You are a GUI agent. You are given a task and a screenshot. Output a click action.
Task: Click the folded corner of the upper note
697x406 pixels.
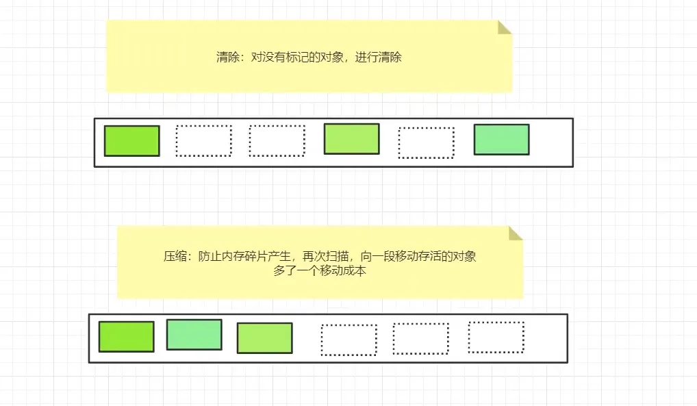pyautogui.click(x=505, y=27)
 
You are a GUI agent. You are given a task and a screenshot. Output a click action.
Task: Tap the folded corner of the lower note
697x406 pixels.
pyautogui.click(x=516, y=233)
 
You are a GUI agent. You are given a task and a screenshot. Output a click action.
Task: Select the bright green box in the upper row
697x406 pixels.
pyautogui.click(x=131, y=141)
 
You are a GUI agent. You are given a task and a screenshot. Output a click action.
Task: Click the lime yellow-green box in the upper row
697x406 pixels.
pyautogui.click(x=351, y=139)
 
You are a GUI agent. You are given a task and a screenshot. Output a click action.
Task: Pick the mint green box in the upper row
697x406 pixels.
pyautogui.click(x=501, y=140)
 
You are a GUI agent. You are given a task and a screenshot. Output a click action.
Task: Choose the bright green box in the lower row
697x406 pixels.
pyautogui.click(x=126, y=337)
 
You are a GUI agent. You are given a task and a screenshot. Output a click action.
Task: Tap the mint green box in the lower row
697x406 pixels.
pyautogui.click(x=194, y=335)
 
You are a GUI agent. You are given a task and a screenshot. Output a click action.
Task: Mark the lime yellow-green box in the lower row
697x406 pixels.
pyautogui.click(x=264, y=338)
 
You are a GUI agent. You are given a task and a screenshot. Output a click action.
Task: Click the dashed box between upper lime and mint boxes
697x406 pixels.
pyautogui.click(x=426, y=143)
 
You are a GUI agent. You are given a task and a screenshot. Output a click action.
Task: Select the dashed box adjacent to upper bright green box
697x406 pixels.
pyautogui.click(x=203, y=141)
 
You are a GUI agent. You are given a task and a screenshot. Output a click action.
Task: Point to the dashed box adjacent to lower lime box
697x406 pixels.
pyautogui.click(x=348, y=340)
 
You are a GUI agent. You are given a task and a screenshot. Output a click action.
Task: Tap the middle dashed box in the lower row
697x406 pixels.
pyautogui.click(x=420, y=339)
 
